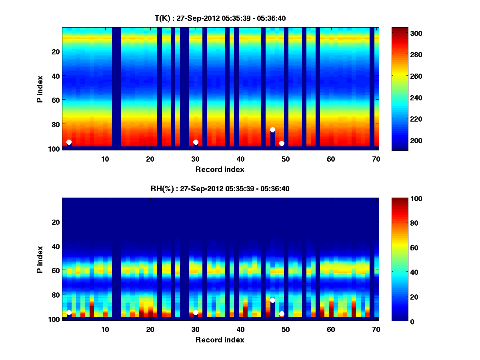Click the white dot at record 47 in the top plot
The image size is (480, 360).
[x=272, y=130]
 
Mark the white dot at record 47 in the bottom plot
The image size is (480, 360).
[x=272, y=300]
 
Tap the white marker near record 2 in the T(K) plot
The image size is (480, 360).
[x=69, y=142]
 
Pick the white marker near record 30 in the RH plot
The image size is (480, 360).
[x=196, y=312]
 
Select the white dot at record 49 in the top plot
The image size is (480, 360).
[x=282, y=143]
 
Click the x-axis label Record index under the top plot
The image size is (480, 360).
[x=220, y=170]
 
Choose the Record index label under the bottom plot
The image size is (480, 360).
[x=220, y=340]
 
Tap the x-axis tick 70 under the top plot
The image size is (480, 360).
[x=376, y=159]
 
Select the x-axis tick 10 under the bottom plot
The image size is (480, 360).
[x=105, y=330]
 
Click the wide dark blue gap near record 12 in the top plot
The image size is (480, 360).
[x=116, y=88]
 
